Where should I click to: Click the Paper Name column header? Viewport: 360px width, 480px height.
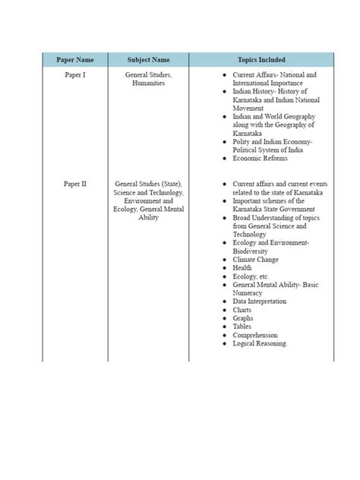74,60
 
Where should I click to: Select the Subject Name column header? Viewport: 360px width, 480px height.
149,60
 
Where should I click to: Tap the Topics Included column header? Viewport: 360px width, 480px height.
261,60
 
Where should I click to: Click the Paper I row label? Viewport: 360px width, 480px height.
74,75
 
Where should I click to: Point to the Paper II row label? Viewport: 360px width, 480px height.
74,184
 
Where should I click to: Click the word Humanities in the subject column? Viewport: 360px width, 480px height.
148,84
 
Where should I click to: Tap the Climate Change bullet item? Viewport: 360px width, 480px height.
256,260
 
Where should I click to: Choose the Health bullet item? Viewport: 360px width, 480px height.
242,268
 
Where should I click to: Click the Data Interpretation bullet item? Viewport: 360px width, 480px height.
260,302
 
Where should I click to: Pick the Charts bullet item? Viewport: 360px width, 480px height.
243,310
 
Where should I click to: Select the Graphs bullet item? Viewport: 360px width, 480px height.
243,318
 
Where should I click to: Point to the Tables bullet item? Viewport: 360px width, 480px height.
242,327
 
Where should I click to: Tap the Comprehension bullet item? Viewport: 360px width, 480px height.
255,335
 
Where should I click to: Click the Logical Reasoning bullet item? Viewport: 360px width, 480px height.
261,343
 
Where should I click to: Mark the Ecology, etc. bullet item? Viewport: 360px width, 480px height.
251,276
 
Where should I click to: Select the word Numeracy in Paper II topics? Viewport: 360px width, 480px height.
248,293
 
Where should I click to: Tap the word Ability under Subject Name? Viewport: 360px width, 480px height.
149,218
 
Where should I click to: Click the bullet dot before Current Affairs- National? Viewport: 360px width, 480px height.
225,76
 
